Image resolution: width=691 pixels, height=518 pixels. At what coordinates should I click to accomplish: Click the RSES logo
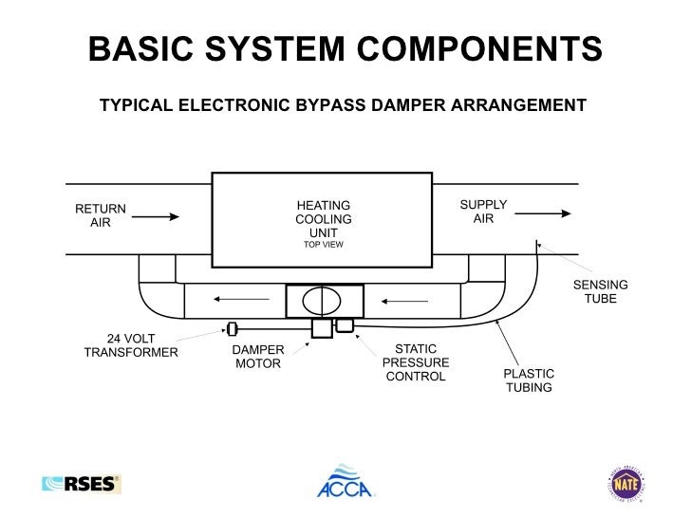click(x=81, y=484)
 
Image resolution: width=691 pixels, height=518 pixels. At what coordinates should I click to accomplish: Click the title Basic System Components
click(x=345, y=50)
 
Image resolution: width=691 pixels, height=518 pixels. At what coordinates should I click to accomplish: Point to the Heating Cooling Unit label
click(x=323, y=219)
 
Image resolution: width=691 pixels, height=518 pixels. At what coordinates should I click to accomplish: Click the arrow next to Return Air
click(x=156, y=216)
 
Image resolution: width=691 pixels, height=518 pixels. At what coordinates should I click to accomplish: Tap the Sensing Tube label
click(x=600, y=292)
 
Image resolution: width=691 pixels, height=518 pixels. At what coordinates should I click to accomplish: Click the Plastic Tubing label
click(x=529, y=380)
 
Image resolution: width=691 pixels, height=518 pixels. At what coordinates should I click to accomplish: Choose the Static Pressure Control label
click(x=416, y=363)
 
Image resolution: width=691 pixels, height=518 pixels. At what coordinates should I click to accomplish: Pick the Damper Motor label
click(x=258, y=357)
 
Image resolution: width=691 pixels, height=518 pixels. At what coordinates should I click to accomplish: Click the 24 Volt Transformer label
click(x=131, y=345)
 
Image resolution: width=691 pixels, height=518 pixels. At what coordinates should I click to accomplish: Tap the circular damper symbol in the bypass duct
click(x=322, y=301)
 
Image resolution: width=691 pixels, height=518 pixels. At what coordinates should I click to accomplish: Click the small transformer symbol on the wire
click(x=232, y=329)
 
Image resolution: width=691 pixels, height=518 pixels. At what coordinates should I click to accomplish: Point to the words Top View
click(x=323, y=245)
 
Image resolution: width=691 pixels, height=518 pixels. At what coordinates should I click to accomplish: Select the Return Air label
click(x=101, y=215)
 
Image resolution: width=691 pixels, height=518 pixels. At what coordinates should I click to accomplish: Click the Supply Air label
click(x=483, y=212)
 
